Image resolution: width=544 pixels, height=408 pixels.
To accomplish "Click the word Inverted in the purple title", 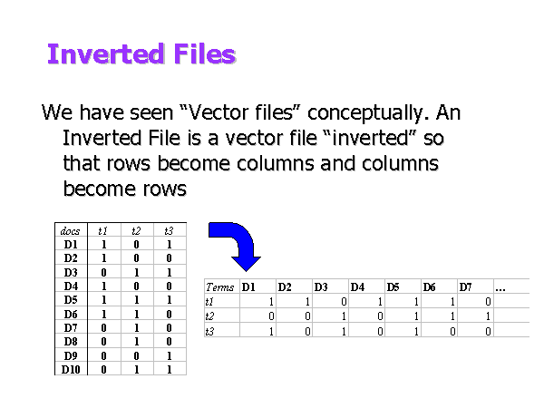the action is [105, 53].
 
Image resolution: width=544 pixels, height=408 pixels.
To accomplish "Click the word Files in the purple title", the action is [205, 53].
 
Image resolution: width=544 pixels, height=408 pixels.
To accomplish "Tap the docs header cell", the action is [70, 231].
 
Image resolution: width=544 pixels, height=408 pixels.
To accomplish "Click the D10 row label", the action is [71, 370].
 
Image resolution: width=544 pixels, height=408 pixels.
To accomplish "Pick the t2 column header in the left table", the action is [136, 231].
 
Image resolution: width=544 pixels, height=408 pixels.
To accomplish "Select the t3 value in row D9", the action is [169, 356].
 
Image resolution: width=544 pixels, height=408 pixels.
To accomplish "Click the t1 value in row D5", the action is [103, 300].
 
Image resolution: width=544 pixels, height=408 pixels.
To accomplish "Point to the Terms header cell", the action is [220, 287].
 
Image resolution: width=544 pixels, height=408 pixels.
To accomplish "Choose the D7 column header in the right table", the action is [466, 287].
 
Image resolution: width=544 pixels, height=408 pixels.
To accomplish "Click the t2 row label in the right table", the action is [209, 316].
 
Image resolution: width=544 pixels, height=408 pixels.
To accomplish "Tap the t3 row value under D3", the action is [344, 332].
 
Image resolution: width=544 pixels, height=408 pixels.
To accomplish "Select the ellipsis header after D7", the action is [500, 289].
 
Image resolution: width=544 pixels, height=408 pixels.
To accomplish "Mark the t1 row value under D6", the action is [452, 302].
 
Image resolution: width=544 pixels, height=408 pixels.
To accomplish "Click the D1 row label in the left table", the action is [71, 245].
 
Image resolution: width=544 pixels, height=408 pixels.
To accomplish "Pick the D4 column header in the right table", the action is [357, 287].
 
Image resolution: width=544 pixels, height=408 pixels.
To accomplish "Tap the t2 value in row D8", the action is [136, 342].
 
